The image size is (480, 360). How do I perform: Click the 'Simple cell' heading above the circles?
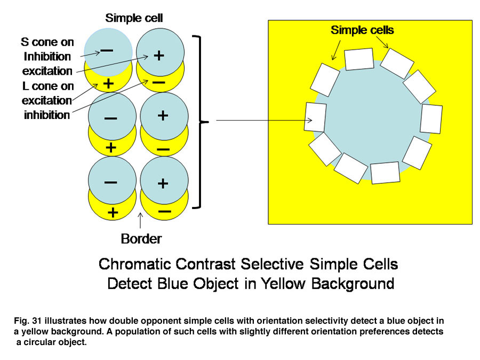[x=134, y=18]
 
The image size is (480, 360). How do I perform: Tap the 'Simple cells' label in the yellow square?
[x=362, y=30]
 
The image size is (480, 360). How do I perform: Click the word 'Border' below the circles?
[x=141, y=239]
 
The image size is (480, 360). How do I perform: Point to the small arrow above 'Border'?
[x=140, y=220]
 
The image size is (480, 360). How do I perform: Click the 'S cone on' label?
[x=47, y=42]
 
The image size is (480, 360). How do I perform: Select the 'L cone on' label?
[x=48, y=86]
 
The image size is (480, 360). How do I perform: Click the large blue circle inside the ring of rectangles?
[x=372, y=119]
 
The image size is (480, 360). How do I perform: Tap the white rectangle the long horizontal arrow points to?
[x=315, y=117]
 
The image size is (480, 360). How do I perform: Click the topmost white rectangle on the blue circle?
[x=359, y=59]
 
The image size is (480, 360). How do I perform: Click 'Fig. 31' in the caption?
[x=28, y=321]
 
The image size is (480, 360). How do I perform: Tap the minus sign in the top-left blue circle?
[x=107, y=50]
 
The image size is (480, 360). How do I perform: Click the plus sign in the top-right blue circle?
[x=159, y=55]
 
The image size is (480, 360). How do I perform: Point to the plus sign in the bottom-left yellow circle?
[x=113, y=213]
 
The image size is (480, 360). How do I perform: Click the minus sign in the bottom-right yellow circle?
[x=165, y=212]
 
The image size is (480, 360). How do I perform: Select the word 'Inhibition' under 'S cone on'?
[x=47, y=57]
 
